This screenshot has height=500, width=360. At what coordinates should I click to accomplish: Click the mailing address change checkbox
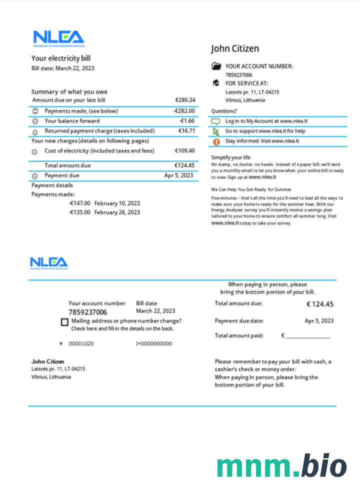click(x=64, y=322)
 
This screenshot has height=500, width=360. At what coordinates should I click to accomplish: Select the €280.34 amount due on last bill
click(x=185, y=100)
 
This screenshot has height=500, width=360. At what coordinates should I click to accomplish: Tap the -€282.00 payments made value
click(x=184, y=111)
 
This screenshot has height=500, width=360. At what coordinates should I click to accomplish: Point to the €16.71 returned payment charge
click(x=186, y=131)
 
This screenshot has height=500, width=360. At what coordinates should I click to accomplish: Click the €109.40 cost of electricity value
click(x=185, y=150)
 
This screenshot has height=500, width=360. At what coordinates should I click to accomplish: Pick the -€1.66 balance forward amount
click(x=186, y=121)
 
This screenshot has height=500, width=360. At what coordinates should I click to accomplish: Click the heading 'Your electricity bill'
click(x=61, y=58)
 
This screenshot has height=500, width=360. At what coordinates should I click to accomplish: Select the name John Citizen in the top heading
click(x=235, y=48)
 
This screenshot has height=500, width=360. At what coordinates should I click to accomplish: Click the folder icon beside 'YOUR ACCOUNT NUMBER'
click(x=216, y=66)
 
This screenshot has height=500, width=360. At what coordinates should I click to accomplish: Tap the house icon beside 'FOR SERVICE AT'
click(x=216, y=83)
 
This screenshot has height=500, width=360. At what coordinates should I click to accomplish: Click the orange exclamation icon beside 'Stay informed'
click(x=216, y=141)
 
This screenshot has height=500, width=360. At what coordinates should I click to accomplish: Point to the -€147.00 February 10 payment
click(x=104, y=203)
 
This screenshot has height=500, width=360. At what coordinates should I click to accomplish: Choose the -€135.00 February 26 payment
click(x=104, y=212)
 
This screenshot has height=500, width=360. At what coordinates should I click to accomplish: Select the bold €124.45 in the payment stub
click(x=319, y=304)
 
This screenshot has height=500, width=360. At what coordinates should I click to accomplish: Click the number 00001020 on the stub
click(x=81, y=344)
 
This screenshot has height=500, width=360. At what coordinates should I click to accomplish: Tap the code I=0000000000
click(x=154, y=344)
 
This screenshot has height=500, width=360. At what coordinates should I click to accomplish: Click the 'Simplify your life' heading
click(x=231, y=157)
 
